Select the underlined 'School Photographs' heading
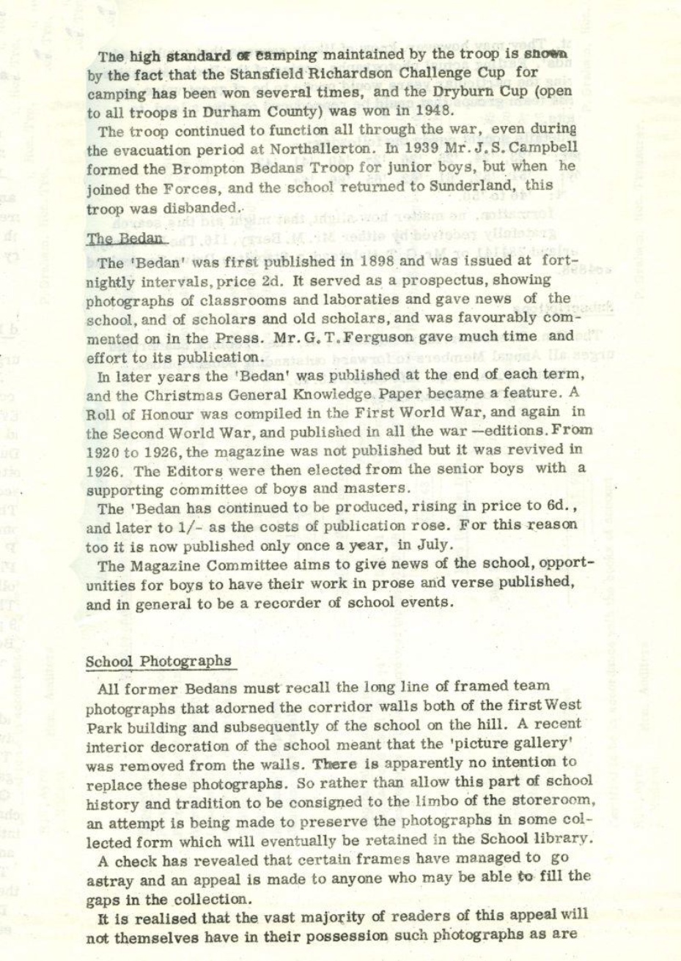click(x=158, y=661)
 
